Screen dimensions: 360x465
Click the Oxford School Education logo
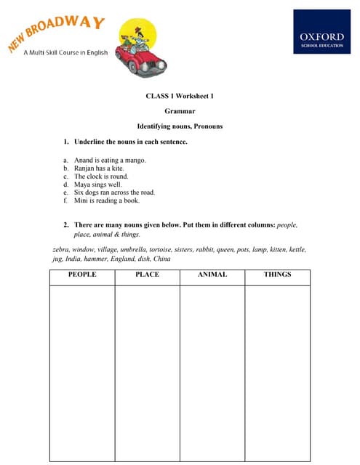pyautogui.click(x=321, y=31)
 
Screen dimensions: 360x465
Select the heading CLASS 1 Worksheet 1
pyautogui.click(x=180, y=96)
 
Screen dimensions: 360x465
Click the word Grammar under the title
pyautogui.click(x=180, y=111)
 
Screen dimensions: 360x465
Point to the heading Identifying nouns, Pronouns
pyautogui.click(x=180, y=126)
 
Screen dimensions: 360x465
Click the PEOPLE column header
pyautogui.click(x=81, y=275)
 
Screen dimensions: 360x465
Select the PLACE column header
pyautogui.click(x=147, y=275)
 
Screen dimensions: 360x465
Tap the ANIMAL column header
pyautogui.click(x=212, y=275)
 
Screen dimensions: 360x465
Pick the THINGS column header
pyautogui.click(x=277, y=275)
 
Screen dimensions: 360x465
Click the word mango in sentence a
pyautogui.click(x=136, y=160)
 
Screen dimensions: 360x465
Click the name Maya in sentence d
pyautogui.click(x=81, y=185)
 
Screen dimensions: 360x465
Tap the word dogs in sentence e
pyautogui.click(x=92, y=193)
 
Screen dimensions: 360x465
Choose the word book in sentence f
pyautogui.click(x=128, y=201)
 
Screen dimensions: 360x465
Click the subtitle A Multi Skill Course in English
pyautogui.click(x=65, y=52)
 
